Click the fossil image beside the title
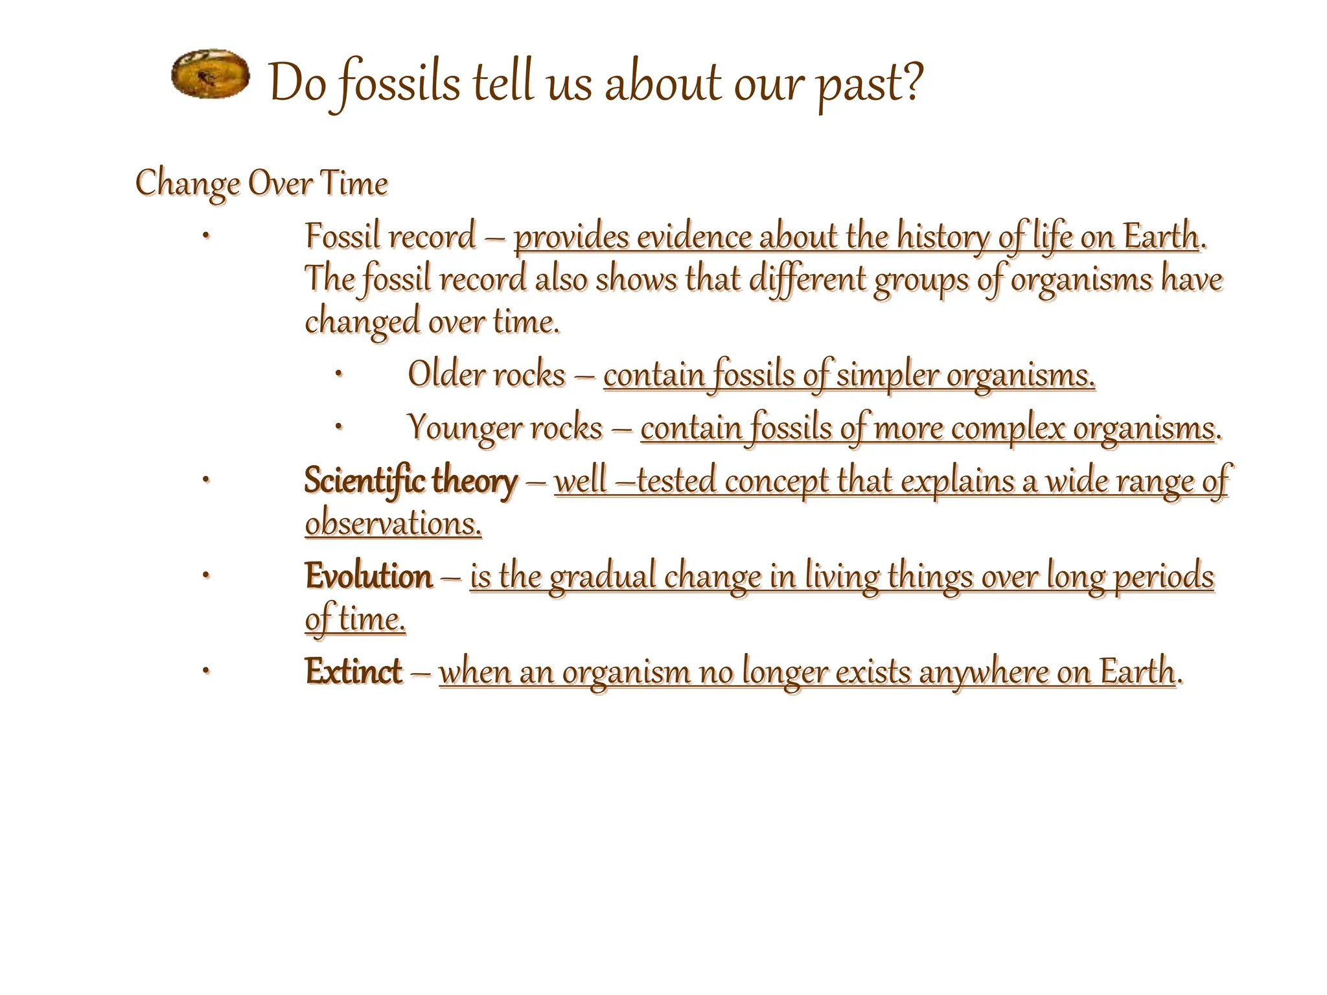pyautogui.click(x=211, y=74)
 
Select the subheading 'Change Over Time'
pyautogui.click(x=261, y=183)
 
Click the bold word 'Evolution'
pyautogui.click(x=368, y=576)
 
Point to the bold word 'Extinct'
pyautogui.click(x=354, y=671)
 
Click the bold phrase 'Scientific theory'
pyautogui.click(x=411, y=481)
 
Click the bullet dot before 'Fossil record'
pyautogui.click(x=205, y=236)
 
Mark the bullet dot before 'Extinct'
pyautogui.click(x=205, y=671)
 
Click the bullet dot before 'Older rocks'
pyautogui.click(x=338, y=374)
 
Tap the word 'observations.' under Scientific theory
pyautogui.click(x=393, y=523)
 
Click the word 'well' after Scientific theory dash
pyautogui.click(x=581, y=481)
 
